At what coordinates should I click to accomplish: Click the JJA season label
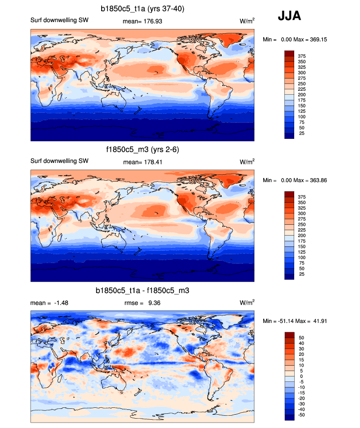coord(290,16)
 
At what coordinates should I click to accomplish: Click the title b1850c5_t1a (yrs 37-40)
coord(142,8)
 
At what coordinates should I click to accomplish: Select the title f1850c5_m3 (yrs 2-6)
coord(142,150)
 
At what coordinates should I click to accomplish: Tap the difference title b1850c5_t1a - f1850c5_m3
coord(142,291)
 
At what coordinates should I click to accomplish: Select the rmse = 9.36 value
coord(142,303)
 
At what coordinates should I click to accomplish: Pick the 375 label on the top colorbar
coord(302,56)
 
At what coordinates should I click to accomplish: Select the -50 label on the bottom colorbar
coord(301,415)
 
